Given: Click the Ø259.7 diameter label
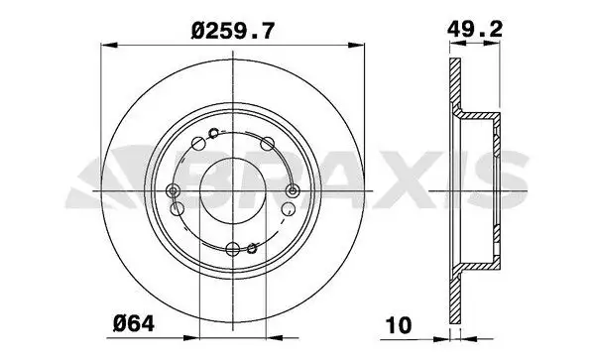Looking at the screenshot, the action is [x=232, y=31].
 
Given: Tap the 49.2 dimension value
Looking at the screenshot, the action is [x=475, y=29].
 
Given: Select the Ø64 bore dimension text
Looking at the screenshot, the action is [x=134, y=323].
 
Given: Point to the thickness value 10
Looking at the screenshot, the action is [x=398, y=325].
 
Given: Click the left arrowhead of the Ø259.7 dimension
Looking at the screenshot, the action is [x=109, y=46].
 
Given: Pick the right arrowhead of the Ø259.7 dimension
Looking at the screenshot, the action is [x=356, y=46].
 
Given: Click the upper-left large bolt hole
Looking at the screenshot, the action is [x=198, y=143].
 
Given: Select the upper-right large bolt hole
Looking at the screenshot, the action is [x=268, y=144].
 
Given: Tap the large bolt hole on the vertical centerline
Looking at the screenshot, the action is [x=233, y=249].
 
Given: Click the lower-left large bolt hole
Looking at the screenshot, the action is [x=178, y=208].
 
